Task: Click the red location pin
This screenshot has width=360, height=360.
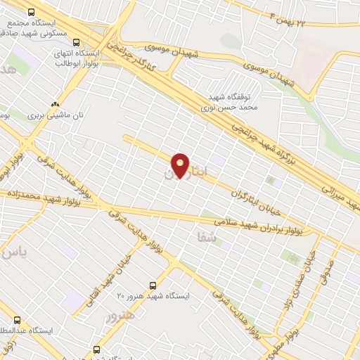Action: tap(181, 165)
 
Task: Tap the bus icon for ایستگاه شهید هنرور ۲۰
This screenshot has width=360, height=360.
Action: tap(153, 285)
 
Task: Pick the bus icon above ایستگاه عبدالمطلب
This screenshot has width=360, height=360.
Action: tap(17, 319)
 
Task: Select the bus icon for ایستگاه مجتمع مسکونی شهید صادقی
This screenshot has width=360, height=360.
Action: tap(31, 13)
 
